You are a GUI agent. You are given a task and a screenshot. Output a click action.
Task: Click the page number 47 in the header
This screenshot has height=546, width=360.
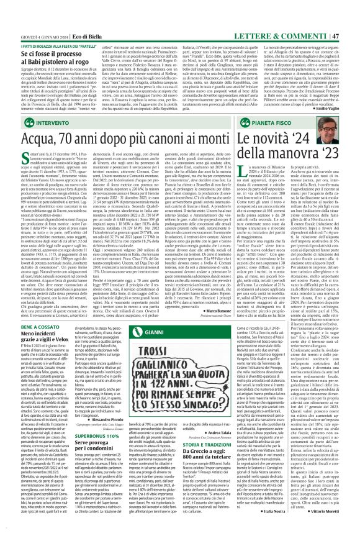[351, 6]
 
